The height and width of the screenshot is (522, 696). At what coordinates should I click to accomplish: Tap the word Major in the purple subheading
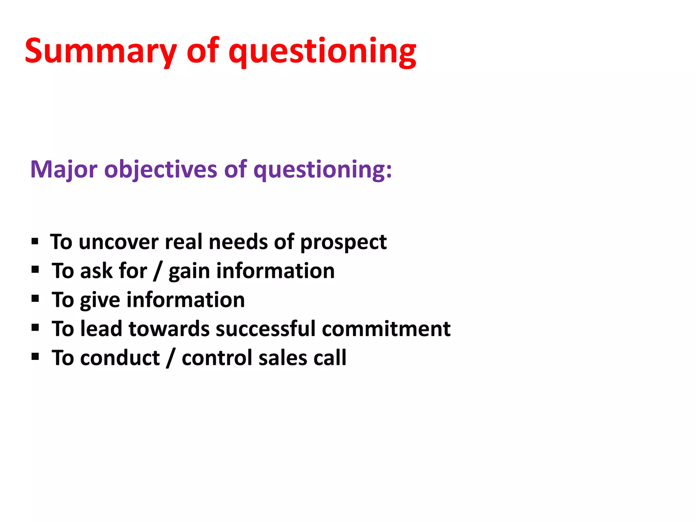click(x=64, y=169)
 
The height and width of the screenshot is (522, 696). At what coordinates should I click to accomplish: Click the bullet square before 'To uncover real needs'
click(x=35, y=241)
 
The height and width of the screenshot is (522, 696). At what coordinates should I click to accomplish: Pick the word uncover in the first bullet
click(x=119, y=242)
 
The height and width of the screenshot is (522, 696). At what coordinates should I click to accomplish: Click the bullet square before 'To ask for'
click(x=35, y=270)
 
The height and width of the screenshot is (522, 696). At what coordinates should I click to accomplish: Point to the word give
click(x=100, y=300)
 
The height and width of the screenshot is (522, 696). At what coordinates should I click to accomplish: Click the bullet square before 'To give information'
click(x=35, y=299)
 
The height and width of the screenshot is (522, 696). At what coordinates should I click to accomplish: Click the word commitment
click(x=386, y=329)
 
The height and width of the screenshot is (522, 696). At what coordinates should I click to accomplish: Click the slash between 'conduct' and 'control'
click(x=171, y=358)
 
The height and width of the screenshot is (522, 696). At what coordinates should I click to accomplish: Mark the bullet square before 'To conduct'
click(x=35, y=357)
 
